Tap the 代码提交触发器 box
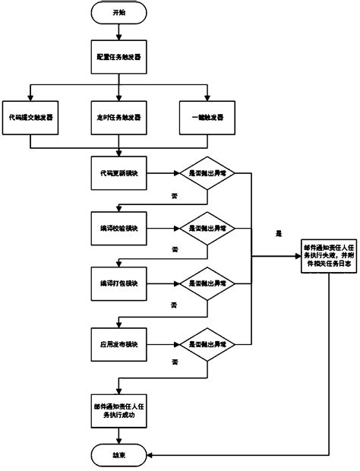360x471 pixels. tap(30, 119)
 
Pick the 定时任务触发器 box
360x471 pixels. tap(118, 119)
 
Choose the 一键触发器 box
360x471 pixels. tap(207, 119)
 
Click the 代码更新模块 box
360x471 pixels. tap(118, 173)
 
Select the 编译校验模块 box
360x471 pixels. tap(118, 229)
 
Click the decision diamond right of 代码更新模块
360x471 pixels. tap(207, 173)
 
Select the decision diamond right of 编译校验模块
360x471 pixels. tap(207, 229)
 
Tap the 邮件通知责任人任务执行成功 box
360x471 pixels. tap(118, 411)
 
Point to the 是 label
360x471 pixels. tap(279, 234)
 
